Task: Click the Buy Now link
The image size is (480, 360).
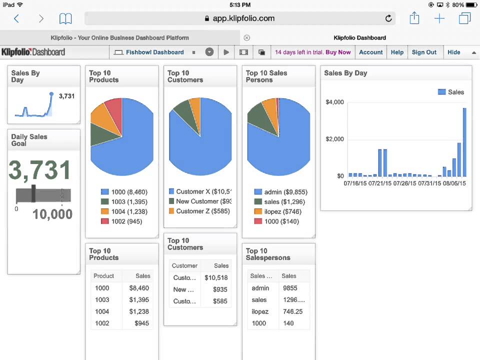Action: pos(338,52)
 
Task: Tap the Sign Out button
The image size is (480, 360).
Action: pos(424,52)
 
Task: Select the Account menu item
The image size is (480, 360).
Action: pos(370,52)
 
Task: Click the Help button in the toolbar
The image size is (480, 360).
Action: pos(397,52)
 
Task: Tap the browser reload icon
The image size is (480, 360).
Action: pos(388,18)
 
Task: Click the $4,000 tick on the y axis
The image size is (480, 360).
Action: pos(334,102)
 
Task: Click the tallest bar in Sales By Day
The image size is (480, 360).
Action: pos(464,142)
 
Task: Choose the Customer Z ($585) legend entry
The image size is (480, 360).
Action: pos(199,211)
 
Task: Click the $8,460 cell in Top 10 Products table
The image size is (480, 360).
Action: pos(139,288)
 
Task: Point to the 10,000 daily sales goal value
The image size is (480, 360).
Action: pos(52,214)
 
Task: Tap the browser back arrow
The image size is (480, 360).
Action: pos(16,18)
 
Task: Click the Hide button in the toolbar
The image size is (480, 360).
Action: pos(453,52)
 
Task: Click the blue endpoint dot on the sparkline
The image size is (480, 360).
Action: pos(51,93)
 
